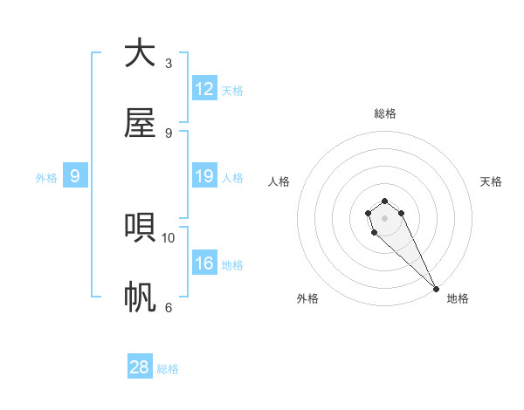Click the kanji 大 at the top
coord(140,54)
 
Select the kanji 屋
coord(140,124)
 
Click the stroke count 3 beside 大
coord(169,64)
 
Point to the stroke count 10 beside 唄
coord(169,237)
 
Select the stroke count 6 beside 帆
coord(169,307)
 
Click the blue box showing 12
coord(204,88)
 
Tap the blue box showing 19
coord(204,176)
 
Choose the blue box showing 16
coord(204,263)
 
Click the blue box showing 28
coord(140,367)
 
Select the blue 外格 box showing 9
coord(75,176)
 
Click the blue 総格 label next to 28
coord(168,369)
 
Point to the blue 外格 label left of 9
coord(46,178)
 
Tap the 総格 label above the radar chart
coord(384,113)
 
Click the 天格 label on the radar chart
coord(491,181)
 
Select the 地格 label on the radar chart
coord(458,298)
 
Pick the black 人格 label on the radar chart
coord(279,181)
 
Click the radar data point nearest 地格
coord(436,289)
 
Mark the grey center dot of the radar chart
coord(384,218)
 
